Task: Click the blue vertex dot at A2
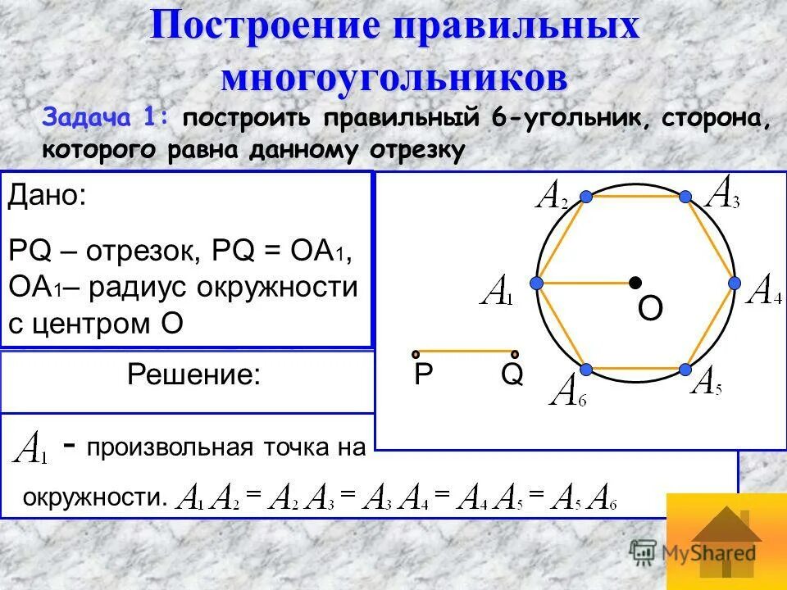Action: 586,197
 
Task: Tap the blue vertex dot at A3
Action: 685,197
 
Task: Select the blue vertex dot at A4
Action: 735,283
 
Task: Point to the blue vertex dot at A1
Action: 536,283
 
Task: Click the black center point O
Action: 635,283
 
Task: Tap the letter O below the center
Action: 650,310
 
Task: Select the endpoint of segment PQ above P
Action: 416,353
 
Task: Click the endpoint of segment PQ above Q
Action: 516,353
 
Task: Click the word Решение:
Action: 194,375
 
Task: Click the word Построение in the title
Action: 263,26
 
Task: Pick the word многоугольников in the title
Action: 394,78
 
